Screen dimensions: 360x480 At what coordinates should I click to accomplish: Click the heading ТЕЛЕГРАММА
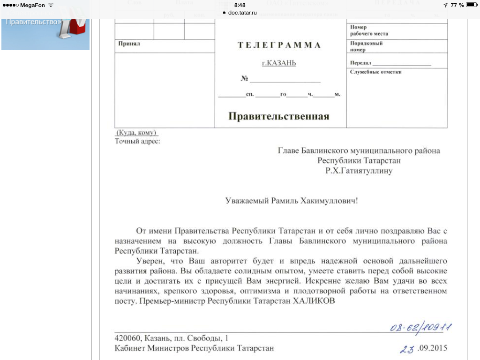(x=279, y=45)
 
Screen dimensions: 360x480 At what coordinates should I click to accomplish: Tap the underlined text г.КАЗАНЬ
(x=279, y=63)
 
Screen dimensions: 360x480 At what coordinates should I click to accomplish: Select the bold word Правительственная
(x=279, y=116)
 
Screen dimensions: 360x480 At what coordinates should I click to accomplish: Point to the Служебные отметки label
(x=376, y=72)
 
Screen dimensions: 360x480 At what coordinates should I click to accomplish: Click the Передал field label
(x=360, y=63)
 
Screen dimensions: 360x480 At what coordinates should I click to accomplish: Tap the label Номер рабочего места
(x=369, y=30)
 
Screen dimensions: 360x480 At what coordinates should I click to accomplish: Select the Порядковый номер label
(x=367, y=46)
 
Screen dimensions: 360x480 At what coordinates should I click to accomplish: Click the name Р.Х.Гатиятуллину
(x=359, y=171)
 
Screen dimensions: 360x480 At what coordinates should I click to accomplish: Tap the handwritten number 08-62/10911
(x=420, y=327)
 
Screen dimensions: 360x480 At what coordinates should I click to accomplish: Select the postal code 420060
(x=128, y=338)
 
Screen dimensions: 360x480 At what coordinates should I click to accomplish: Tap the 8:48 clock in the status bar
(x=240, y=5)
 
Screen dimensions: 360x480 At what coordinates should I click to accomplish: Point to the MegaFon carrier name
(x=33, y=5)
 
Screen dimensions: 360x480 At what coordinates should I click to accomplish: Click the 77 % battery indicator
(x=457, y=5)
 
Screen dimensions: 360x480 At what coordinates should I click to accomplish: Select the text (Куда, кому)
(x=136, y=133)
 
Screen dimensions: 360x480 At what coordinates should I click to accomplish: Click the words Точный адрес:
(x=137, y=141)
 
